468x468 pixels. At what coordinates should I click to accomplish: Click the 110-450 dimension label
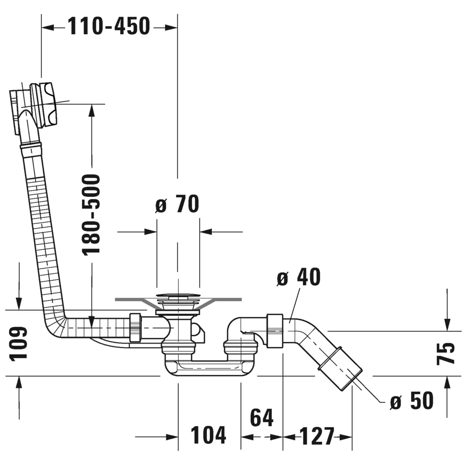click(109, 26)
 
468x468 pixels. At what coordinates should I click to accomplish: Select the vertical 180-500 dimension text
click(91, 215)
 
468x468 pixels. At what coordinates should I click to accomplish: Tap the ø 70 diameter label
click(177, 204)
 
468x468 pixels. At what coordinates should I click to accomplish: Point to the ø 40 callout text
click(298, 277)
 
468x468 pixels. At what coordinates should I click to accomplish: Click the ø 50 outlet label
click(412, 400)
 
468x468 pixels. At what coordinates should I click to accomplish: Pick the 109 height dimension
click(19, 344)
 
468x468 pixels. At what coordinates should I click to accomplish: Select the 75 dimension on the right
click(445, 354)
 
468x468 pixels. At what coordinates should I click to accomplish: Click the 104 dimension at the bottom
click(208, 435)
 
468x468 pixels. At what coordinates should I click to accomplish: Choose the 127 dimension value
click(317, 436)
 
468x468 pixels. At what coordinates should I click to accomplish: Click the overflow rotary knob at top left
click(44, 105)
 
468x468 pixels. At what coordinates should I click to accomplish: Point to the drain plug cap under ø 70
click(178, 296)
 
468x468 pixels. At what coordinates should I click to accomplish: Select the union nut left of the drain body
click(135, 328)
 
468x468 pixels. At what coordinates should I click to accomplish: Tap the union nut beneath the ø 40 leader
click(275, 331)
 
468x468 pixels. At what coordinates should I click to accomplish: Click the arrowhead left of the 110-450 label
click(48, 28)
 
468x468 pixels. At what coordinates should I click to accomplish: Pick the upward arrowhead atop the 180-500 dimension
click(92, 110)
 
